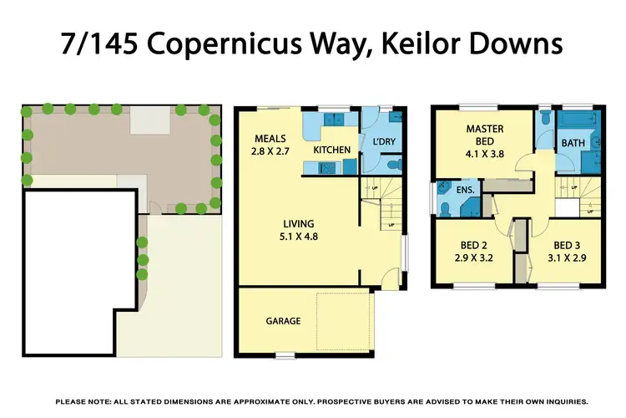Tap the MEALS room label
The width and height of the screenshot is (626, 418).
pos(270,138)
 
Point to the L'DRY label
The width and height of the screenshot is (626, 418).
pos(383,142)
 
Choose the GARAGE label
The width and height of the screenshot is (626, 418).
pos(283,320)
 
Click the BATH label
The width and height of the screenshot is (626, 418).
pos(573,143)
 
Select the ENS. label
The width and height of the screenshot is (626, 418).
pos(466,191)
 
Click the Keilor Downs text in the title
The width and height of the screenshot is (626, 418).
pos(472,44)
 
